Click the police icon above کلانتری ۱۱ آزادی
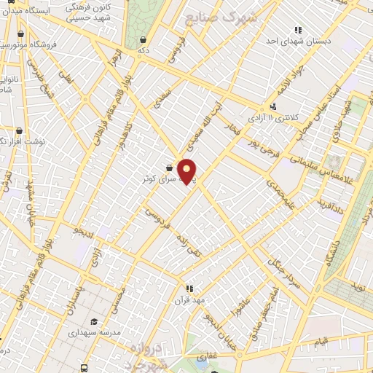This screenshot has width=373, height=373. pyautogui.click(x=272, y=106)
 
